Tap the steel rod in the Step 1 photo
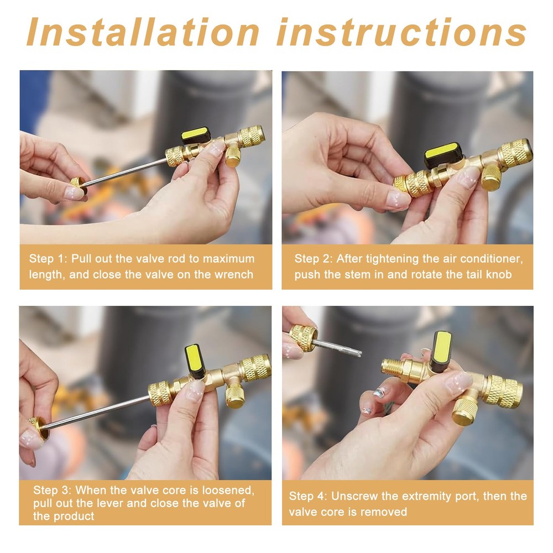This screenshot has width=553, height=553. tap(124, 172)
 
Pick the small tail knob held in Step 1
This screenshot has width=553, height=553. tap(77, 184)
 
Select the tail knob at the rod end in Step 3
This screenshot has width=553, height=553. tap(39, 427)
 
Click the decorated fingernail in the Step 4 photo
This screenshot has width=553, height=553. tap(380, 393)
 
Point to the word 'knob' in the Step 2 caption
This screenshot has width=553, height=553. tap(498, 274)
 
